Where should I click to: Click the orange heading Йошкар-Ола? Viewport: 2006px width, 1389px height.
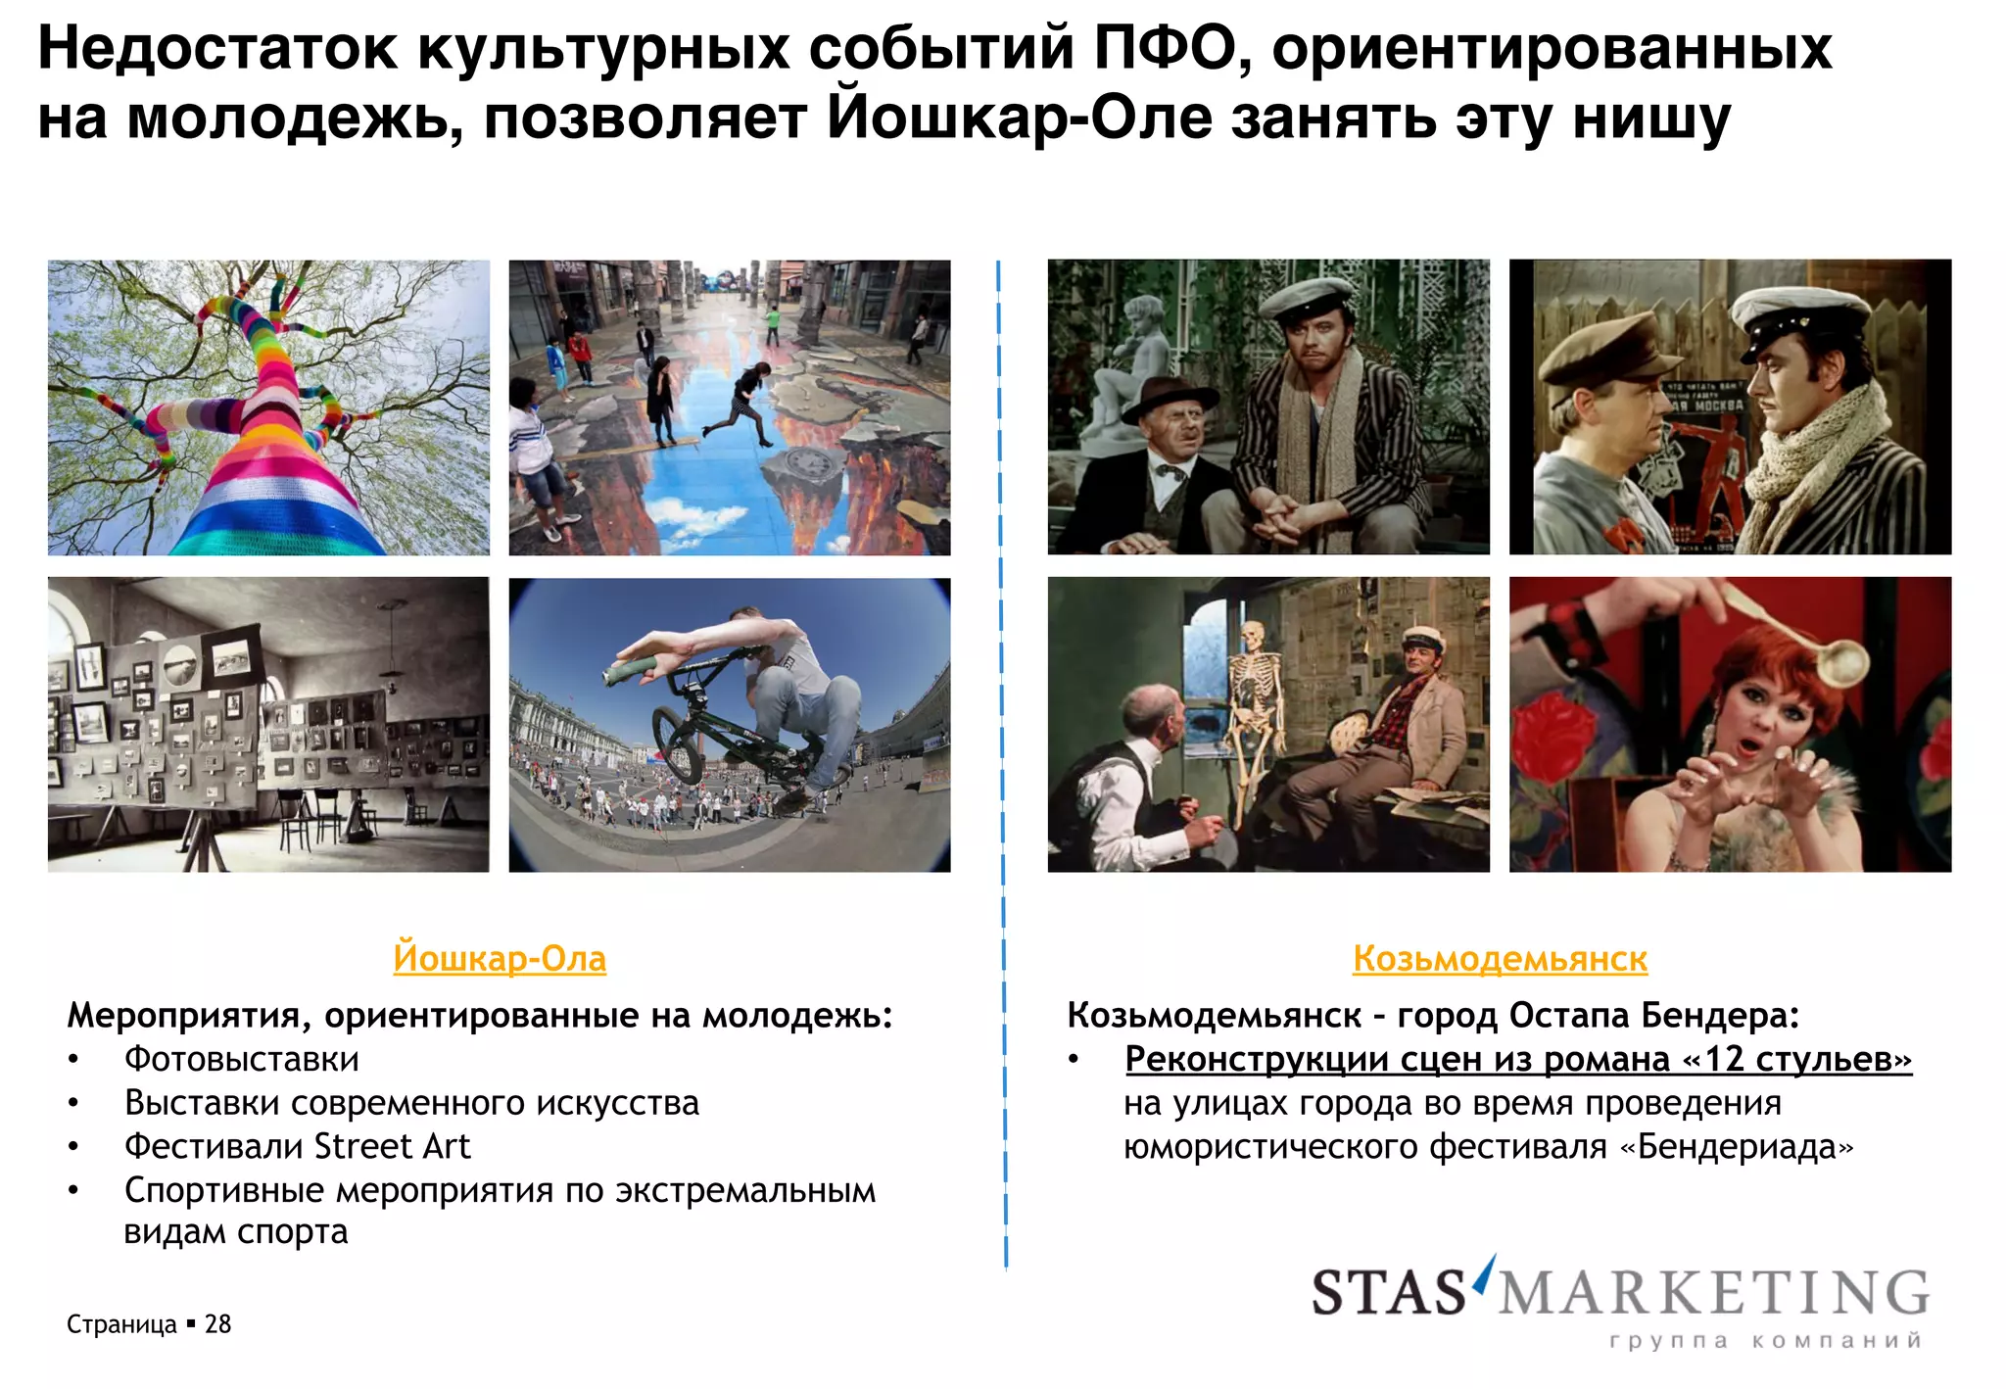click(500, 958)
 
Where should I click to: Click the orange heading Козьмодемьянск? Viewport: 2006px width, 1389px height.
click(1499, 958)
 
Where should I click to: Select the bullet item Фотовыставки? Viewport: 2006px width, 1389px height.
click(241, 1060)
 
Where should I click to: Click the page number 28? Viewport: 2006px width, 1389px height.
click(217, 1324)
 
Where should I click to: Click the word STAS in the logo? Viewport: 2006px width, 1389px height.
click(1387, 1293)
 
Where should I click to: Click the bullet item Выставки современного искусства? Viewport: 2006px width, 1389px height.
click(411, 1104)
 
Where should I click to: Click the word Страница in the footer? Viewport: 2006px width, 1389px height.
click(121, 1324)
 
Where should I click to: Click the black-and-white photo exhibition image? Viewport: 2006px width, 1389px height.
click(268, 725)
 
